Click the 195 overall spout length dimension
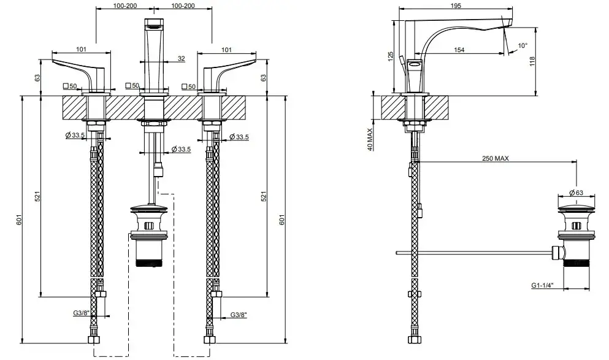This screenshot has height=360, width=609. pos(454,6)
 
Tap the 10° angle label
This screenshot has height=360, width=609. pos(523,45)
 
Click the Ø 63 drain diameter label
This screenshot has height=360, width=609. pos(575,191)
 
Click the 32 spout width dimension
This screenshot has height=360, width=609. pos(181,59)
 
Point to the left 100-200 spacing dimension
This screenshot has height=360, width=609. pos(125,6)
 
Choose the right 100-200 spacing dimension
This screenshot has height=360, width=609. pos(182,6)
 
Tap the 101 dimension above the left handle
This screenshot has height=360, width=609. pos(80,50)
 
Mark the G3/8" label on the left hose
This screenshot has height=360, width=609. pos(81,313)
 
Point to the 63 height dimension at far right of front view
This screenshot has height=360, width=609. pos(265,77)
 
